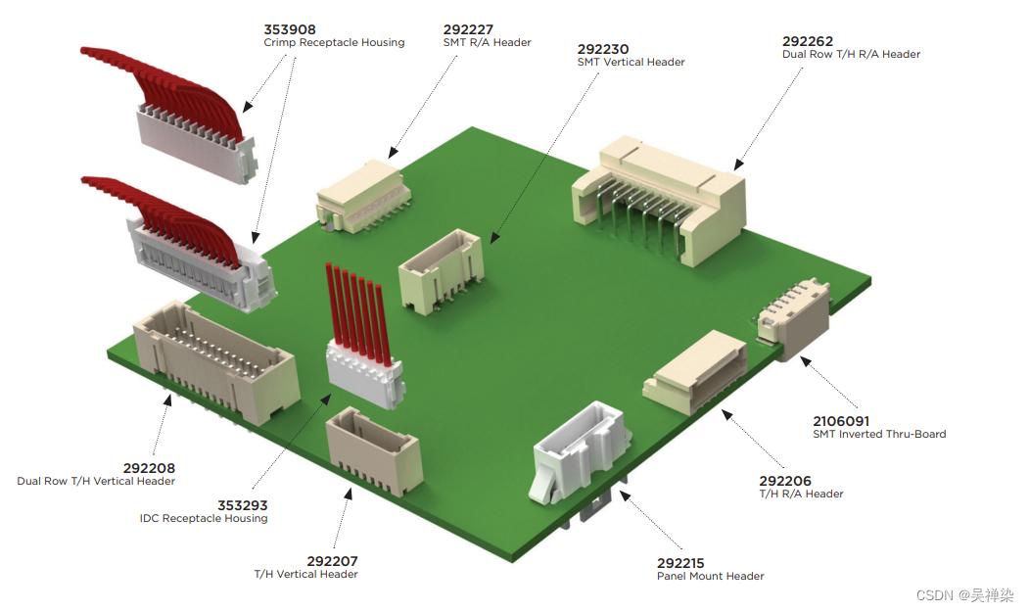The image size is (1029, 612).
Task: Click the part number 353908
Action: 290,29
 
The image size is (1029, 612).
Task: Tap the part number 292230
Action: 603,48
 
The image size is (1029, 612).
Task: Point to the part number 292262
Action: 808,41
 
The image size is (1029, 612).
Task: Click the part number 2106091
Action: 841,421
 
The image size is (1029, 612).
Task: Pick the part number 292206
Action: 785,481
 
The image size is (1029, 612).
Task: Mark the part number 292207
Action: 332,561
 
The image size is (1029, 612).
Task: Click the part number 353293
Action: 242,505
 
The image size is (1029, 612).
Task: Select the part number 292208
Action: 149,468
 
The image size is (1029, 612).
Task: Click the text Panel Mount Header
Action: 710,576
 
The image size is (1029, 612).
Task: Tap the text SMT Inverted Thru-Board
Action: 879,434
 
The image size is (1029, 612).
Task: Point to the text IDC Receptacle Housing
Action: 204,518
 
